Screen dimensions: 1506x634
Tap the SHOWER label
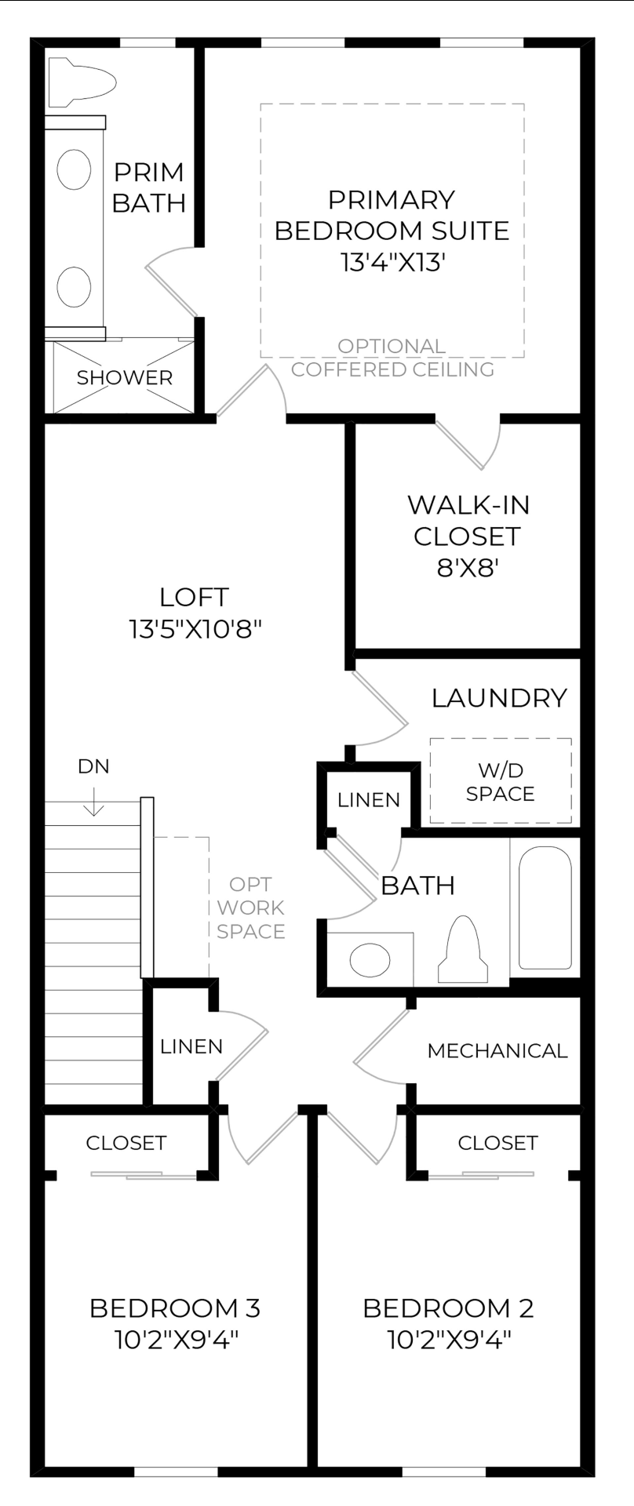124,377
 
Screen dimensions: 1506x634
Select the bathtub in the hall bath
545,908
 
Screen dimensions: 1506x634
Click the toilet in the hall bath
463,949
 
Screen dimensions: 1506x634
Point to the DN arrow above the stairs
93,802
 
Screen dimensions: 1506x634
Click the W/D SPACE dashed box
500,781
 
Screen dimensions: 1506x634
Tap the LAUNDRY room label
499,697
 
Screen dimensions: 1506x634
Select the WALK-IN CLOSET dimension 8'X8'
468,567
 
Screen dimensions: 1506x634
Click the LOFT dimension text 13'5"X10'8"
194,628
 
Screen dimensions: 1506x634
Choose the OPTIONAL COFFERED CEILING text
392,358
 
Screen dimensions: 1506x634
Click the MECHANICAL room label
497,1050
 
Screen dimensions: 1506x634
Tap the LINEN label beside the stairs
191,1046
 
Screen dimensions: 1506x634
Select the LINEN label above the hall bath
369,799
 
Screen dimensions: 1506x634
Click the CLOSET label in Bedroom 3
126,1143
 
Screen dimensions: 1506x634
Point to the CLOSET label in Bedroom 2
497,1143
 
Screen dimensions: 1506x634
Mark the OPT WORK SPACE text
250,908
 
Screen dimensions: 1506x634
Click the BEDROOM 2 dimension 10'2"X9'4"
449,1340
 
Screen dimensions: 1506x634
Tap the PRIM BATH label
149,187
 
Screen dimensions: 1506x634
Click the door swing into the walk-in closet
471,443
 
